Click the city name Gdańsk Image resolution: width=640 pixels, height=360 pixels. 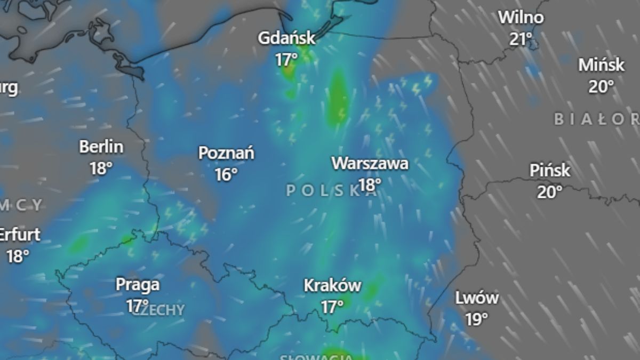[286, 38]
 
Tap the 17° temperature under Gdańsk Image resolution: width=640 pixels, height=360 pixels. [286, 59]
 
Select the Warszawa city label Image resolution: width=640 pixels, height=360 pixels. [370, 163]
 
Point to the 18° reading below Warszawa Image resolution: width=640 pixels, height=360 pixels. [370, 185]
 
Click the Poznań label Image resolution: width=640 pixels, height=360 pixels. [226, 153]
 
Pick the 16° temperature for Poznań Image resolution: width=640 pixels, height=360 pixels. [226, 174]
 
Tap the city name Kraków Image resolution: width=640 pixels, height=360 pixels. [332, 285]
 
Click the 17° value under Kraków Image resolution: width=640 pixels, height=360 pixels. [332, 306]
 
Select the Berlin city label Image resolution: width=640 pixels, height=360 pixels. [101, 147]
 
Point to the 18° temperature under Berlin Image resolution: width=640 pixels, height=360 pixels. [101, 168]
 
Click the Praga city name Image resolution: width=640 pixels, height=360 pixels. [138, 285]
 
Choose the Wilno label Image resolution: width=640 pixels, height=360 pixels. [521, 18]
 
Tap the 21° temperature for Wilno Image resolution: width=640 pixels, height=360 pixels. [521, 38]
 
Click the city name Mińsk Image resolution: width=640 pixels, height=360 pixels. [601, 65]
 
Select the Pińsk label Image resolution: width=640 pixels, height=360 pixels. [550, 171]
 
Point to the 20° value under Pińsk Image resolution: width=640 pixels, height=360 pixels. [550, 191]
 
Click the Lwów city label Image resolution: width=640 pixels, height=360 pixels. [477, 298]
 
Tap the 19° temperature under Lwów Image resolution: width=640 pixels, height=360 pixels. [477, 319]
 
